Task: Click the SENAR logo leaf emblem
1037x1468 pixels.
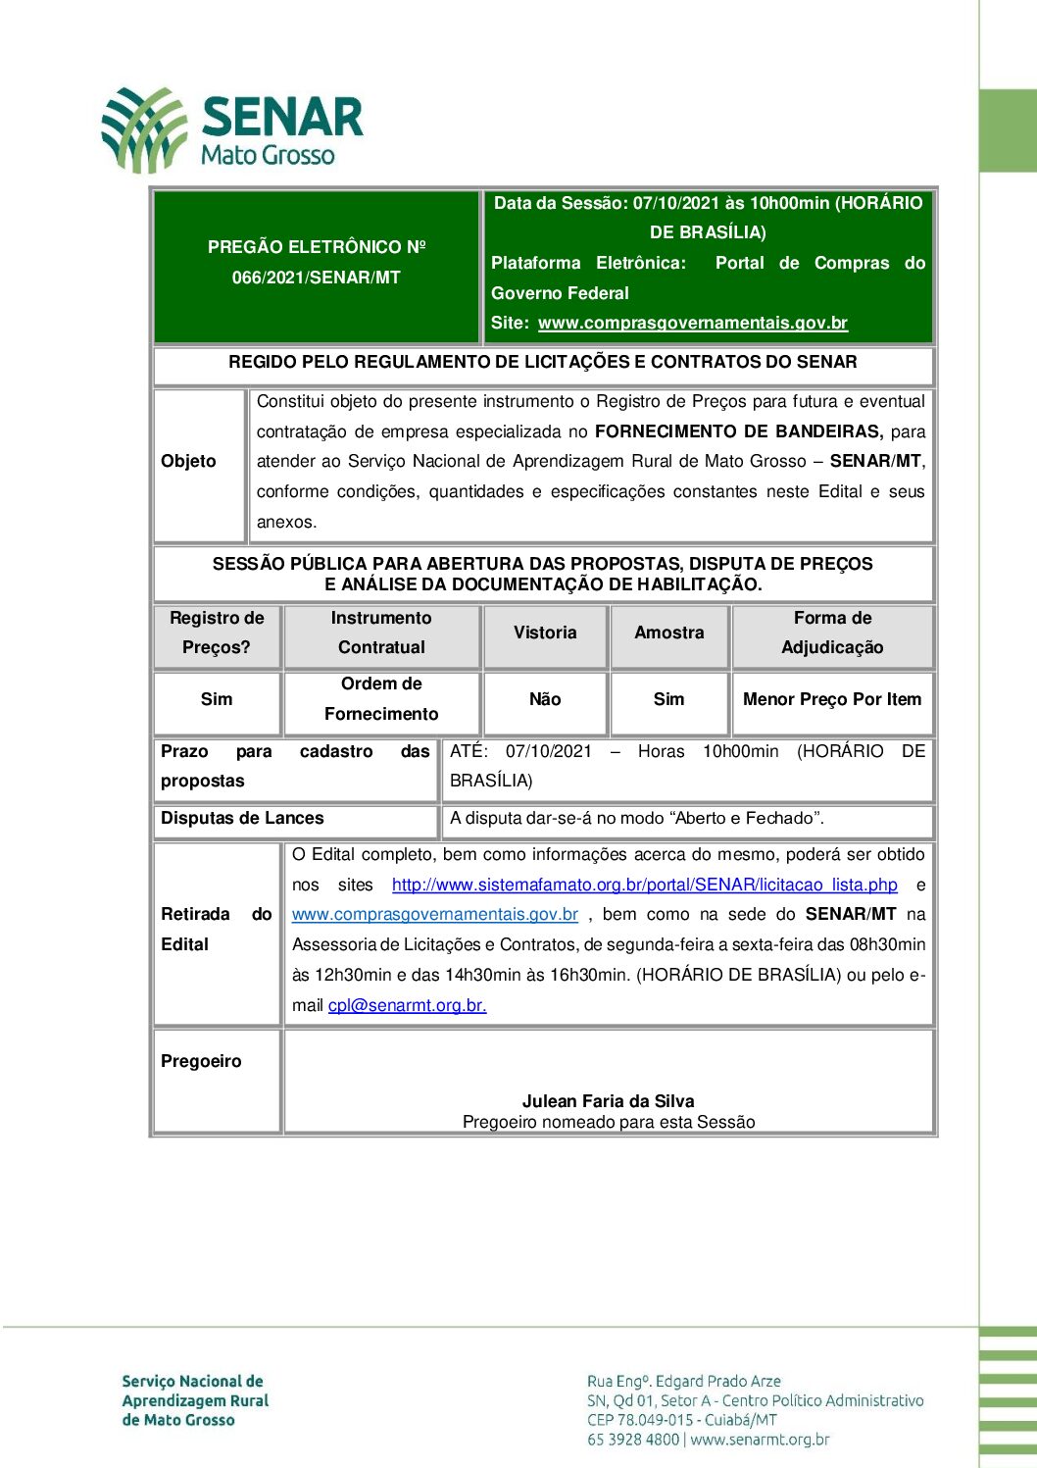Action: (x=145, y=129)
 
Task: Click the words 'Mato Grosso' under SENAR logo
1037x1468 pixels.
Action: (x=268, y=155)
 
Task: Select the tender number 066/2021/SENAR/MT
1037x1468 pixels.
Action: (x=316, y=278)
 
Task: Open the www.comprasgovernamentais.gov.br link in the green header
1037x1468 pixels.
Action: (x=692, y=323)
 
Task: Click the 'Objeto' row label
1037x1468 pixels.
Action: (x=188, y=461)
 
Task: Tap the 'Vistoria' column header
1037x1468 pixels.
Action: (x=545, y=633)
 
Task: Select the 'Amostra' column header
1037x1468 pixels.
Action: (x=668, y=633)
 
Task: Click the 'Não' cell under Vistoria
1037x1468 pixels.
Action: (x=545, y=699)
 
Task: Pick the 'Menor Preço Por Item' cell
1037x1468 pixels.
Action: (x=832, y=699)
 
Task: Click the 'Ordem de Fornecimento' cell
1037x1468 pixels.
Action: (x=381, y=698)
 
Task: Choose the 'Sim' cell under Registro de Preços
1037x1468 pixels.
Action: (x=217, y=699)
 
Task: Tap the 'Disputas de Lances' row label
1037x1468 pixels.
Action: (x=242, y=818)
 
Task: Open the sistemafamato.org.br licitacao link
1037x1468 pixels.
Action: (x=644, y=885)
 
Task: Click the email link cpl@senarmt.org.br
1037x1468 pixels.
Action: (x=407, y=1005)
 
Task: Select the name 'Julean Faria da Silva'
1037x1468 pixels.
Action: (x=608, y=1101)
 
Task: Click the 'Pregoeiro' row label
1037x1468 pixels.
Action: (x=201, y=1061)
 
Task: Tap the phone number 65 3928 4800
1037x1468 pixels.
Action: (x=633, y=1440)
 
